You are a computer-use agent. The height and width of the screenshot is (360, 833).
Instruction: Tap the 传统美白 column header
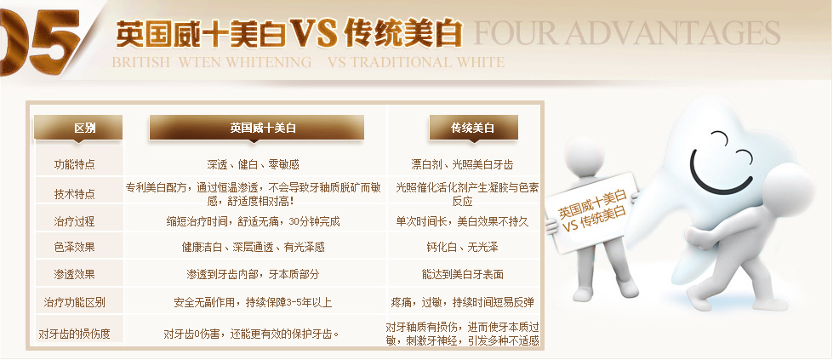coord(473,129)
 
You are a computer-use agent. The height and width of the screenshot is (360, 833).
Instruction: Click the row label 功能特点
coord(74,164)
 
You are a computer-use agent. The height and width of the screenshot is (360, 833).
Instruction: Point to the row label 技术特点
coord(74,193)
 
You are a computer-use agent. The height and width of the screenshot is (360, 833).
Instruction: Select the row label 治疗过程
coord(74,221)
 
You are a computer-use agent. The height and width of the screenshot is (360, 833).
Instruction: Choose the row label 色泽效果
coord(74,248)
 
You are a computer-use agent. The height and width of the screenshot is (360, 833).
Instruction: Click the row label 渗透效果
coord(74,275)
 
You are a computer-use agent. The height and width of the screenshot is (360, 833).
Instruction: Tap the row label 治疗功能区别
coord(74,303)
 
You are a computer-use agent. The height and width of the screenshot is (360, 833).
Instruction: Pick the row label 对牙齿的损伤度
coord(74,334)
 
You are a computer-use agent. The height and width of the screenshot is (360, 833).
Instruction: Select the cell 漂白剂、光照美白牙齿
coord(462,164)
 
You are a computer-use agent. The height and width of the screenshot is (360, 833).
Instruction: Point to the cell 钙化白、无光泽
coord(462,248)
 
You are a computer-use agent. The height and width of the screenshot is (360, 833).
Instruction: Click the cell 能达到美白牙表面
coord(462,275)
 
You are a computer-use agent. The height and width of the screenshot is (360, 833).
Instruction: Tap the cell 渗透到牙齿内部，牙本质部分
coord(253,275)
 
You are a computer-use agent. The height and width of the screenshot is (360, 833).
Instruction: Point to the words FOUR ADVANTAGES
coord(626,33)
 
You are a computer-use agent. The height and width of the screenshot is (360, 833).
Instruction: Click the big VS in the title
coord(313,33)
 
